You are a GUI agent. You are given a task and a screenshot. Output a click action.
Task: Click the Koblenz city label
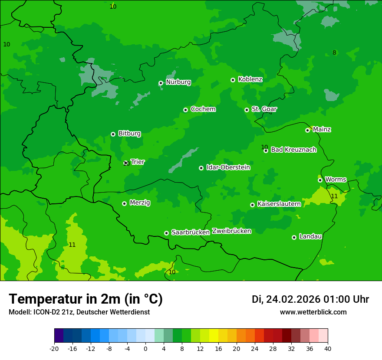pyautogui.click(x=250, y=79)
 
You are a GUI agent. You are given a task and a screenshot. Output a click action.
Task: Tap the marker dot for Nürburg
pyautogui.click(x=161, y=83)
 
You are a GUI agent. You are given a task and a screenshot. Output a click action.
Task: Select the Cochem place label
pyautogui.click(x=203, y=109)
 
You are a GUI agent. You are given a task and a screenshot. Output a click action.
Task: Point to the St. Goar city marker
pyautogui.click(x=247, y=110)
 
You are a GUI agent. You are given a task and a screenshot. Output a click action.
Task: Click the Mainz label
pyautogui.click(x=322, y=129)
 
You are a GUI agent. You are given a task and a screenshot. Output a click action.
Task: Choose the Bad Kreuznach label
pyautogui.click(x=293, y=150)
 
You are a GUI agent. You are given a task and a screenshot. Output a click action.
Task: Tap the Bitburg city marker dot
pyautogui.click(x=113, y=134)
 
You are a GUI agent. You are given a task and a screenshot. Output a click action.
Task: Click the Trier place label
pyautogui.click(x=138, y=162)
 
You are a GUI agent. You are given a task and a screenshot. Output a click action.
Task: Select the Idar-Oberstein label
pyautogui.click(x=228, y=167)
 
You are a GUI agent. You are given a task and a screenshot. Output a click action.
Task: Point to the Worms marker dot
pyautogui.click(x=320, y=180)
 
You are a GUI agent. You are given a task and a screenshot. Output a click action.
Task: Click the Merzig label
pyautogui.click(x=140, y=203)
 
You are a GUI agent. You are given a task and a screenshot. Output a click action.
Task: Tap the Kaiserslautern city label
pyautogui.click(x=279, y=204)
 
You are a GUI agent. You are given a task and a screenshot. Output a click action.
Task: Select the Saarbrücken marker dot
pyautogui.click(x=166, y=233)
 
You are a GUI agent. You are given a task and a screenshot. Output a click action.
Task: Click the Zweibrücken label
pyautogui.click(x=231, y=231)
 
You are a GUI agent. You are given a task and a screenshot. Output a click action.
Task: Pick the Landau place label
pyautogui.click(x=310, y=236)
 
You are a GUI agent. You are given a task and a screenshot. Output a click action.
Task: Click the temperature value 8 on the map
pyautogui.click(x=334, y=53)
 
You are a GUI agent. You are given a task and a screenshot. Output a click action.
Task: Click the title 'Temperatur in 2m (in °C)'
pyautogui.click(x=86, y=299)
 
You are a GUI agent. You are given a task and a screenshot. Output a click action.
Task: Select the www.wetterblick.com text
pyautogui.click(x=313, y=312)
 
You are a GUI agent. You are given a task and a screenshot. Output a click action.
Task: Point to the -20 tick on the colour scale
pyautogui.click(x=54, y=348)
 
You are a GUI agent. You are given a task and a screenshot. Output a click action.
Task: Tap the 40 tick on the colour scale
pyautogui.click(x=328, y=348)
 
